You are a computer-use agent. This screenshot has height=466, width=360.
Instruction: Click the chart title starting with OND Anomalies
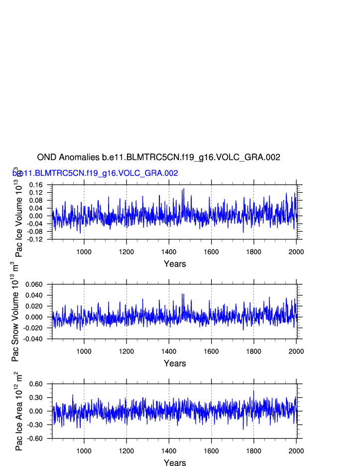pyautogui.click(x=158, y=157)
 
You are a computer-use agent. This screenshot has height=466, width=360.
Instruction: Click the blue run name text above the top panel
pyautogui.click(x=95, y=173)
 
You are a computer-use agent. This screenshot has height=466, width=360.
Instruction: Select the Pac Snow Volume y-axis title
pyautogui.click(x=15, y=311)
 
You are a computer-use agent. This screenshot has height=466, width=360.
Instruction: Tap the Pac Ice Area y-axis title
pyautogui.click(x=19, y=411)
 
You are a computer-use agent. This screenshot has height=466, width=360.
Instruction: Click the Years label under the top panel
pyautogui.click(x=175, y=264)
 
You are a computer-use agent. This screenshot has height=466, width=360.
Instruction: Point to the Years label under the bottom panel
pyautogui.click(x=175, y=463)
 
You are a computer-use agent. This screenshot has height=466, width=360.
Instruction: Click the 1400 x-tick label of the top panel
pyautogui.click(x=169, y=251)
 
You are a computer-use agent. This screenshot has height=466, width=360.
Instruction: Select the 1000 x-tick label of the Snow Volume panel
pyautogui.click(x=84, y=351)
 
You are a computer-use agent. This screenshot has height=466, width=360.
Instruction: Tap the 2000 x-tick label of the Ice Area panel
pyautogui.click(x=296, y=451)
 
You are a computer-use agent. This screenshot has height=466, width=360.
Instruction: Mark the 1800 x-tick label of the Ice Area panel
pyautogui.click(x=254, y=451)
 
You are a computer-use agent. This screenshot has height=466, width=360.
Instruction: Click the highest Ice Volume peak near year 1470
pyautogui.click(x=184, y=189)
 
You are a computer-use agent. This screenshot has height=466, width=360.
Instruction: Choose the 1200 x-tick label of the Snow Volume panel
pyautogui.click(x=126, y=351)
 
